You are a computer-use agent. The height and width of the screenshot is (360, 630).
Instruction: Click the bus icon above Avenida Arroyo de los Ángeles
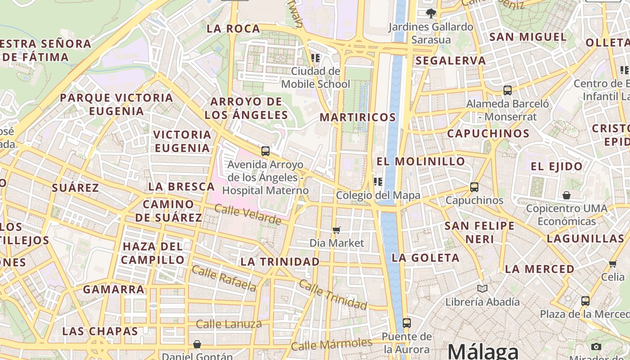tap(265, 151)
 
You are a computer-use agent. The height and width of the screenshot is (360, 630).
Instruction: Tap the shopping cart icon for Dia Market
tap(337, 230)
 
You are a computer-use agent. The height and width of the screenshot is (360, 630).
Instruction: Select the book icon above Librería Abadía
tap(482, 288)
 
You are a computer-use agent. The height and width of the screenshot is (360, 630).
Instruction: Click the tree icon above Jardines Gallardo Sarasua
tap(431, 13)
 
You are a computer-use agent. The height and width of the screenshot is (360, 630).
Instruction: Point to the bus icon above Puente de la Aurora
tap(407, 323)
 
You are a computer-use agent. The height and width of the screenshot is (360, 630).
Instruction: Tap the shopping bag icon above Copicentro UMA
tap(567, 195)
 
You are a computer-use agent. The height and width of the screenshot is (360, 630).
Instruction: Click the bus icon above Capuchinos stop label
tap(474, 187)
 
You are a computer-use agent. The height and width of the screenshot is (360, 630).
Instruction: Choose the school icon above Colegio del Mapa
tap(378, 182)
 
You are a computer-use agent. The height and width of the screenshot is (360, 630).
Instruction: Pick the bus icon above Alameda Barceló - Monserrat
tap(508, 90)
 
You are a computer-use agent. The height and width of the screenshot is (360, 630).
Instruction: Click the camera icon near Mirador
tap(596, 346)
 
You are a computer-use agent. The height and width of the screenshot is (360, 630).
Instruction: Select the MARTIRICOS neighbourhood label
tap(358, 117)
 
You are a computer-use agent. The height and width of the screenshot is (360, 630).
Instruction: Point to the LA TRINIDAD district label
tap(280, 261)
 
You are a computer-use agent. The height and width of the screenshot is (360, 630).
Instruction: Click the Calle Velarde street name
tap(247, 214)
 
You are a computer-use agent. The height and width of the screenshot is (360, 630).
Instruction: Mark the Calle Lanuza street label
tap(229, 324)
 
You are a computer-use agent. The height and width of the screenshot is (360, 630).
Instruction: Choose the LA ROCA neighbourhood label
tap(233, 29)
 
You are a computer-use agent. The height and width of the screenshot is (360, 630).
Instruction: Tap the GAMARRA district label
tap(114, 289)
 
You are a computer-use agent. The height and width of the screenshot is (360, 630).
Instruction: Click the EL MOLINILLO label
tap(421, 161)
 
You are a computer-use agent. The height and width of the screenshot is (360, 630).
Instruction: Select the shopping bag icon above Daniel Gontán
tap(197, 345)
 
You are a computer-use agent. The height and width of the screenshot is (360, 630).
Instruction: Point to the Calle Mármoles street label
tap(332, 344)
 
